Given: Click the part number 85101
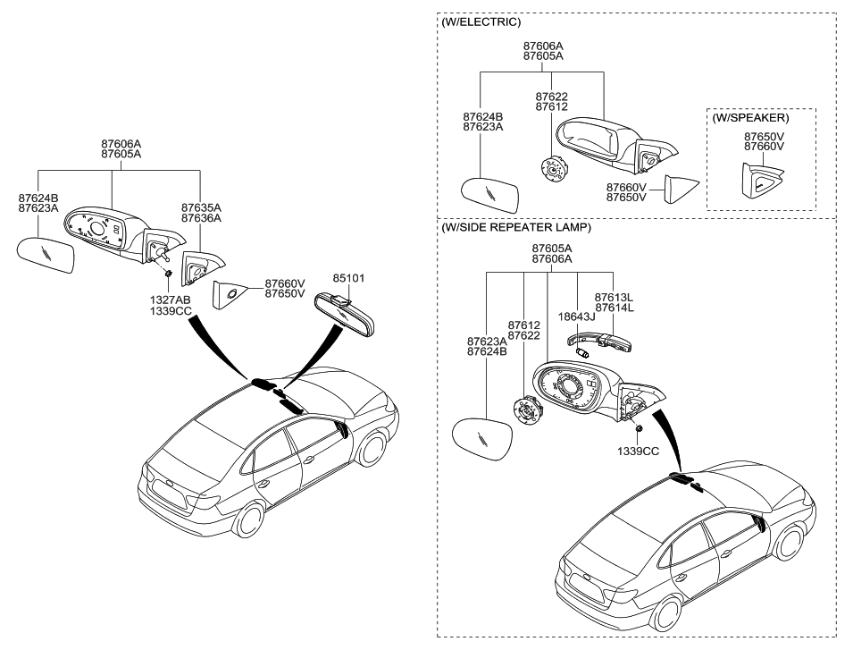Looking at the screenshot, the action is pyautogui.click(x=348, y=278).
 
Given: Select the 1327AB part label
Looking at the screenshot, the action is pyautogui.click(x=171, y=300).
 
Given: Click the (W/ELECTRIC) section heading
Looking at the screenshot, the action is pyautogui.click(x=481, y=21).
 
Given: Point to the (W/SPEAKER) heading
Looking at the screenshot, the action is pyautogui.click(x=750, y=118).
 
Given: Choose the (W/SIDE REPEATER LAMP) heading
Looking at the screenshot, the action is pyautogui.click(x=515, y=228).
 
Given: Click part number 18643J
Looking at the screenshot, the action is pyautogui.click(x=577, y=317).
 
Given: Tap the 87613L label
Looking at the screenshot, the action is pyautogui.click(x=614, y=298).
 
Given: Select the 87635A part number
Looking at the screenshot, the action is pyautogui.click(x=201, y=208).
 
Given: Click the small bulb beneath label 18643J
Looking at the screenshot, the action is pyautogui.click(x=583, y=353).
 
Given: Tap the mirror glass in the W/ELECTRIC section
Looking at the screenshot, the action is pyautogui.click(x=490, y=196).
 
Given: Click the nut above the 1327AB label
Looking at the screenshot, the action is pyautogui.click(x=168, y=274).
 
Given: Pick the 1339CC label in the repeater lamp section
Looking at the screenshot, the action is pyautogui.click(x=638, y=452).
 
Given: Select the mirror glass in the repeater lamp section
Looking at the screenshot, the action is pyautogui.click(x=483, y=440).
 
